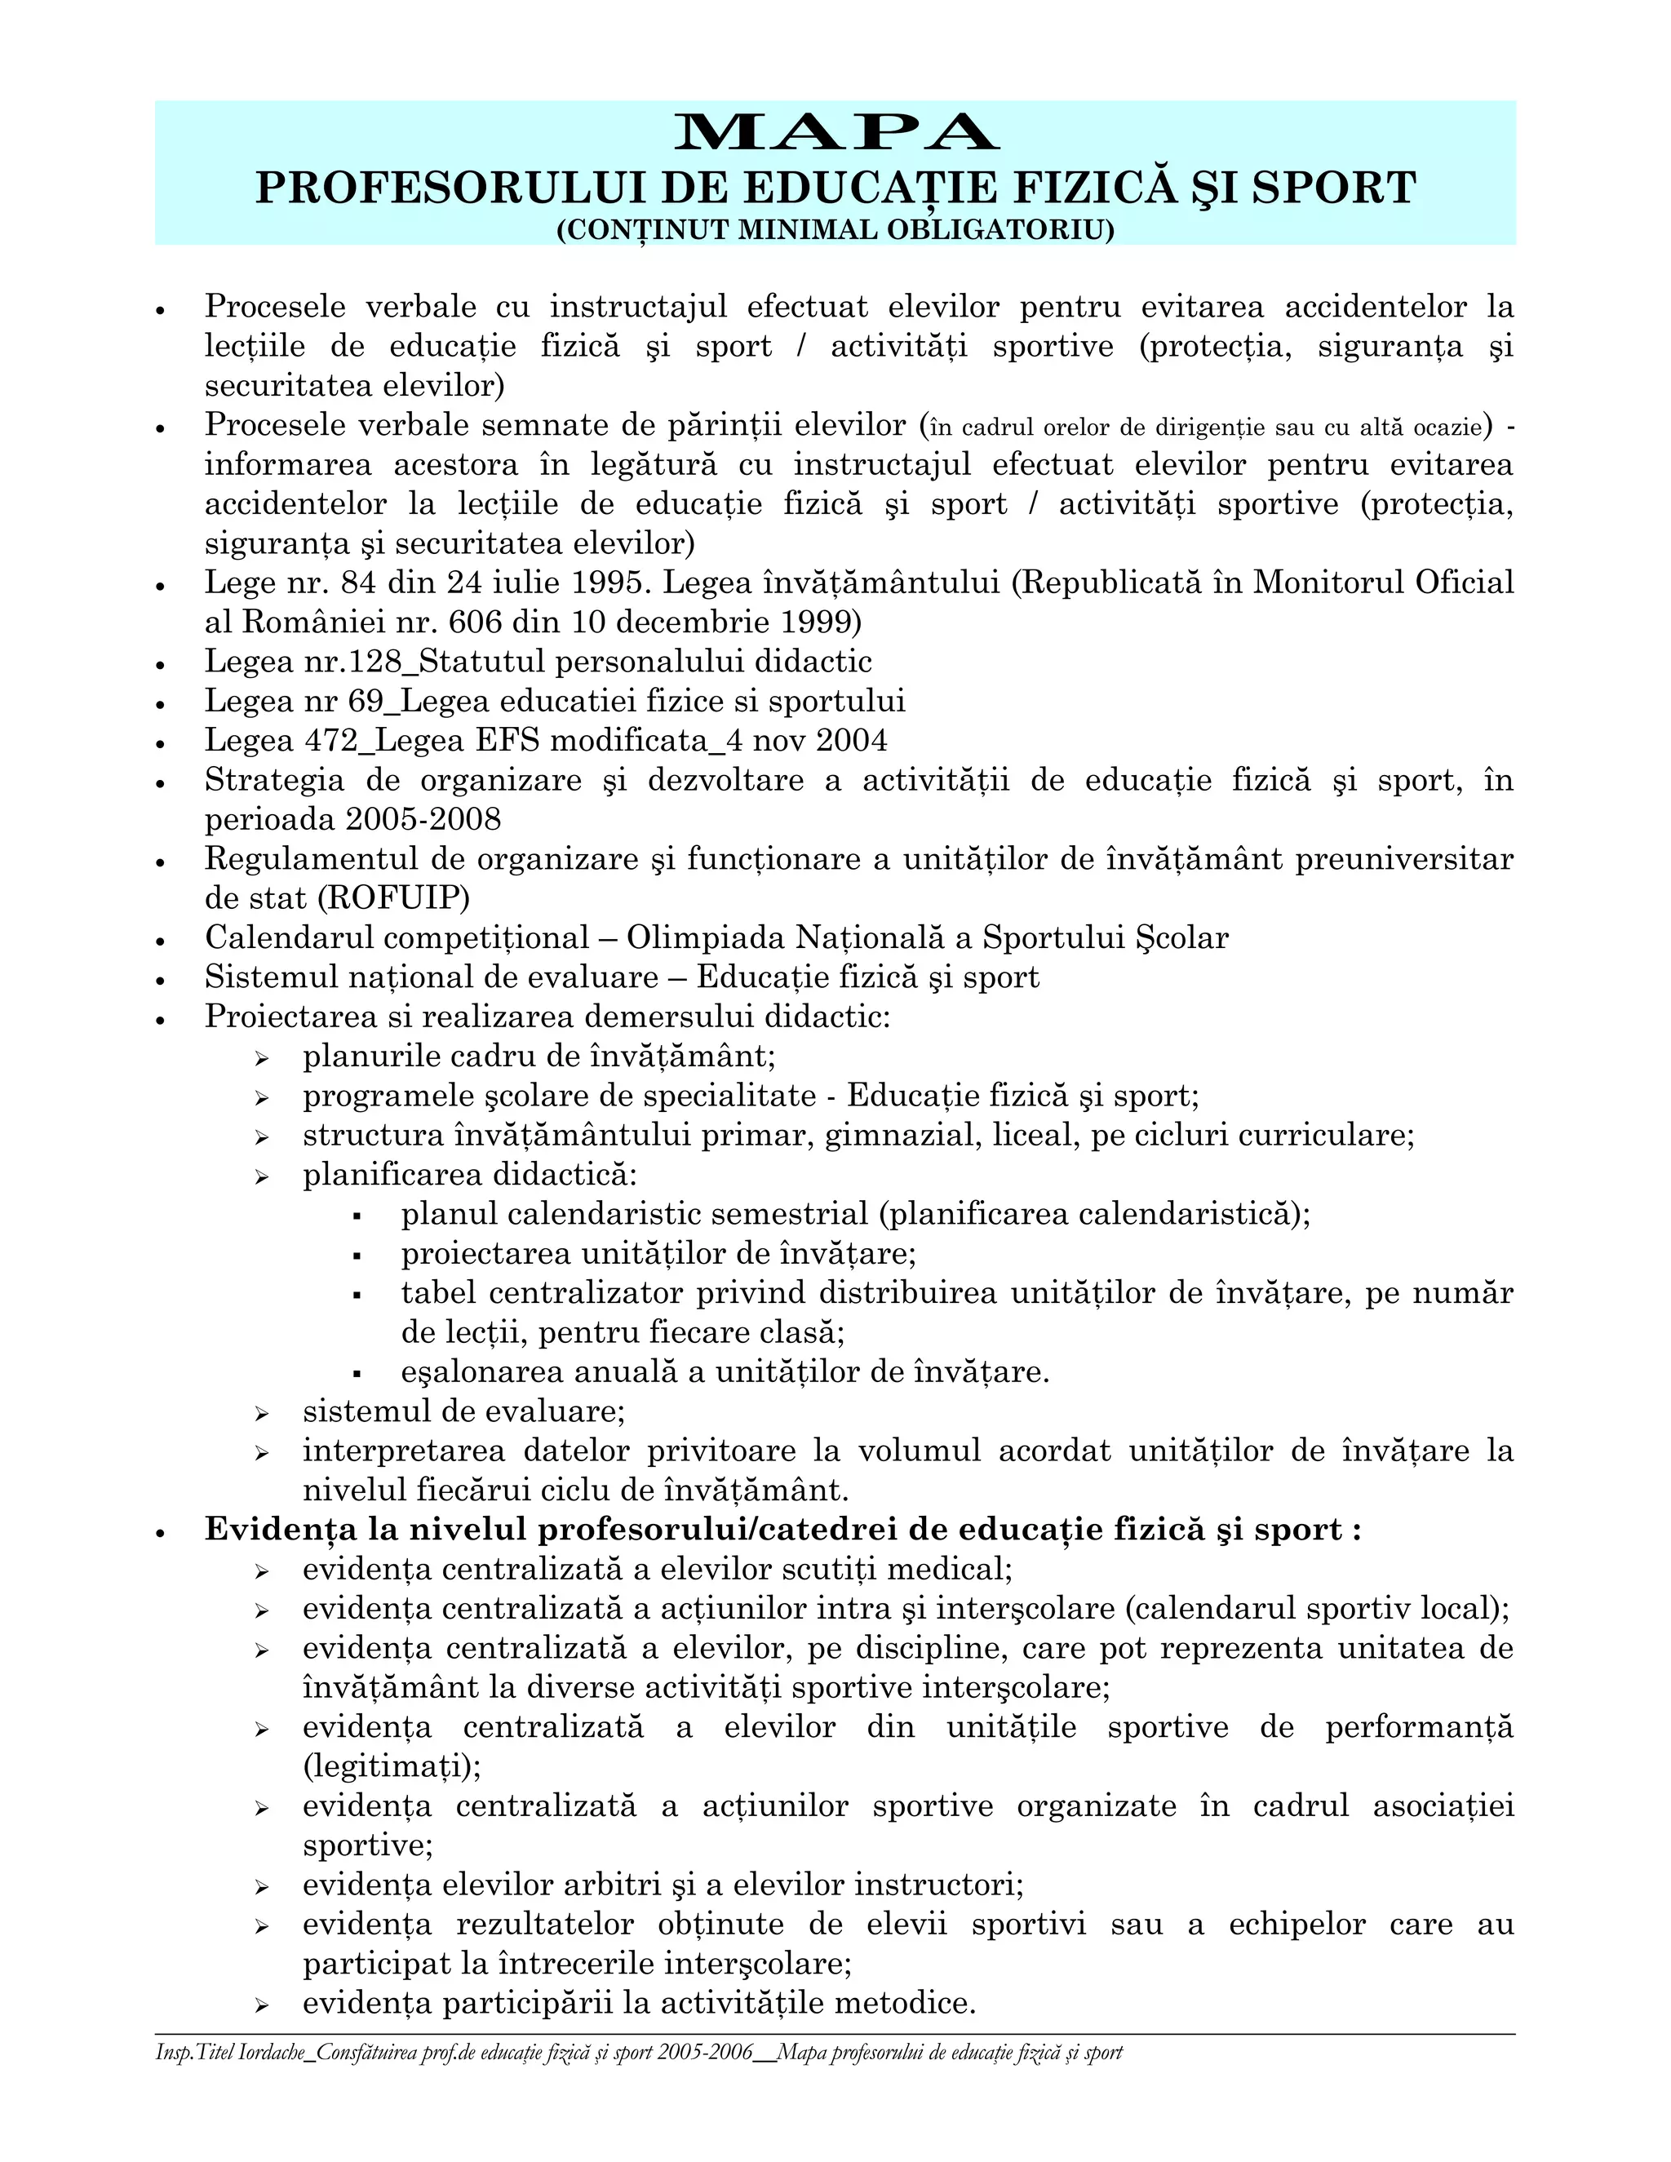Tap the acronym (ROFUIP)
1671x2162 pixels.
click(x=395, y=899)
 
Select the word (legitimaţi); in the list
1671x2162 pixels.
click(x=392, y=1767)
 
